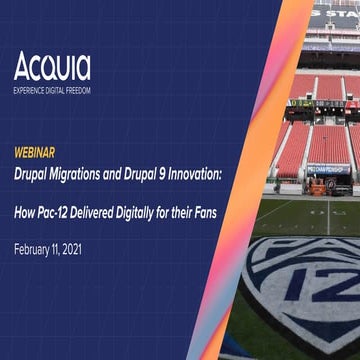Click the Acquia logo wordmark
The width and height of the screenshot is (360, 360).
coord(52,66)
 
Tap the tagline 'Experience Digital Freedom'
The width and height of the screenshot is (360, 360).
coord(52,89)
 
